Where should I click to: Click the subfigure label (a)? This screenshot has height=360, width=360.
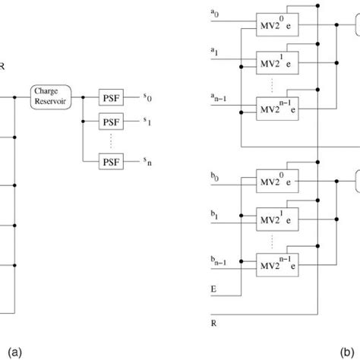tap(12, 351)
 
